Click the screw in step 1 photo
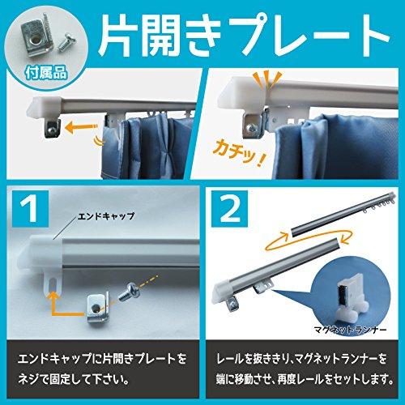(x=130, y=290)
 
